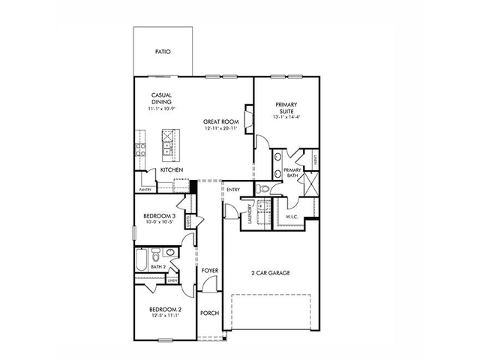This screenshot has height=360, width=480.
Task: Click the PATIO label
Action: tap(163, 52)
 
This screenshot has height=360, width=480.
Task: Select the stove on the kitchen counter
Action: tap(139, 142)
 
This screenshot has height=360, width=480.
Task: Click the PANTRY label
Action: tap(145, 190)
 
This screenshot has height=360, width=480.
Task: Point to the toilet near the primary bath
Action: tap(264, 188)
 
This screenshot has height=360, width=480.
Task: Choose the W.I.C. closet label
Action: tap(292, 217)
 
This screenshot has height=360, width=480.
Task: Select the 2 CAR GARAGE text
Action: tap(271, 273)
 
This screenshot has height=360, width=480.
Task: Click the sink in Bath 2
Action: tap(171, 253)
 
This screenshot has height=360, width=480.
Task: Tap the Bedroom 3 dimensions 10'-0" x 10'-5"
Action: tap(160, 223)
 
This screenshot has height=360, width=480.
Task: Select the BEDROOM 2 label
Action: tap(164, 309)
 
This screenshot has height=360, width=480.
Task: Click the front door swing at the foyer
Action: tap(208, 286)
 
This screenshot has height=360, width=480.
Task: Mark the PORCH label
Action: tap(209, 313)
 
